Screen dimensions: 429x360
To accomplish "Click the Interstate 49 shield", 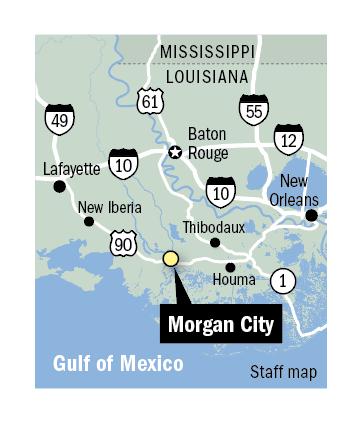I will coord(58,120).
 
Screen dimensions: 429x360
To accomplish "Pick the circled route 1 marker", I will coord(283,281).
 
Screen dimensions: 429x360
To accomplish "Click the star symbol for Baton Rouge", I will coord(174,152).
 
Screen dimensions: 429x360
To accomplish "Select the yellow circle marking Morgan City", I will coord(170,259).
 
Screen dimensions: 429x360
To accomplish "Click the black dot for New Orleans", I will coord(311,214).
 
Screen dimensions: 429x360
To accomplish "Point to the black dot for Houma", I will coord(231,267).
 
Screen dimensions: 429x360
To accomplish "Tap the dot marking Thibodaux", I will coord(214,242).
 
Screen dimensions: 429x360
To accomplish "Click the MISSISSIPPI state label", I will coord(208,51).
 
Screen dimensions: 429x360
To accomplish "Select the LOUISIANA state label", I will coord(208,75).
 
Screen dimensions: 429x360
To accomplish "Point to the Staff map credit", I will coord(284,373).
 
